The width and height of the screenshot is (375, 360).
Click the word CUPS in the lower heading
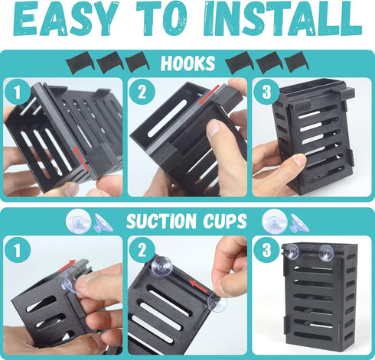[223, 222]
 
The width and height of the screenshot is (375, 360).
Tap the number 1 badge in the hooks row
[15, 92]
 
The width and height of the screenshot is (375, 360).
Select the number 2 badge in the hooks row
[140, 92]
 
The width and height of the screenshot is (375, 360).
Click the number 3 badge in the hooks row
[266, 92]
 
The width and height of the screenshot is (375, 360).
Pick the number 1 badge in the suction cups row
[15, 249]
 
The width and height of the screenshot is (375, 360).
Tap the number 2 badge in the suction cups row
[140, 249]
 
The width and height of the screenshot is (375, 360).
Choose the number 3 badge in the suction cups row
[266, 249]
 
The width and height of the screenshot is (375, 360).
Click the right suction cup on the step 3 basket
[327, 252]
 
